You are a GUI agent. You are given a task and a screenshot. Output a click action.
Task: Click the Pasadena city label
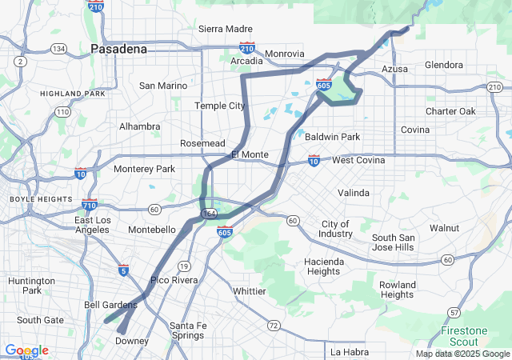point(118,49)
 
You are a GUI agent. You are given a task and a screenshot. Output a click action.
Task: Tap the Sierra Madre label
point(225,29)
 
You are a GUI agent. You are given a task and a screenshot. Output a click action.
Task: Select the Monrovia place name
point(284,54)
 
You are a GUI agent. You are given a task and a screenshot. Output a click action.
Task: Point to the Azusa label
point(394,69)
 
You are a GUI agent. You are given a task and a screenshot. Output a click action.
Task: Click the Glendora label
point(444,65)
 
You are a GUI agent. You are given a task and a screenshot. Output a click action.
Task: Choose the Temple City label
point(220,106)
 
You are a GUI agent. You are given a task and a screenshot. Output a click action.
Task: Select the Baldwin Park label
point(332,137)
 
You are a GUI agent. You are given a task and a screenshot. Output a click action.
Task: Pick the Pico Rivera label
point(174,280)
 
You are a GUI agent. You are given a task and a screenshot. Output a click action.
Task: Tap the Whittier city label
point(249,291)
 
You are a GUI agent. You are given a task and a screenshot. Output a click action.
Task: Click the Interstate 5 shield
point(122,272)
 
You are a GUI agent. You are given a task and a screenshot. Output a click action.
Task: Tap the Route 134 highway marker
point(58,49)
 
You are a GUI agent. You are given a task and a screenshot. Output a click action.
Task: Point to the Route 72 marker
point(274,326)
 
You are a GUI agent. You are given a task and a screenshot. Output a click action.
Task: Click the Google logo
point(27,350)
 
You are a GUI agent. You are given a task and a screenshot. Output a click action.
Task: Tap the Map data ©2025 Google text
point(462,354)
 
